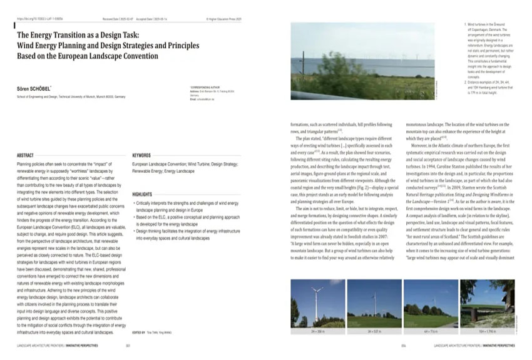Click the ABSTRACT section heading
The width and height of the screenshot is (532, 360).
pos(25,155)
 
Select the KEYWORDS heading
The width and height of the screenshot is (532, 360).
pos(143,155)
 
